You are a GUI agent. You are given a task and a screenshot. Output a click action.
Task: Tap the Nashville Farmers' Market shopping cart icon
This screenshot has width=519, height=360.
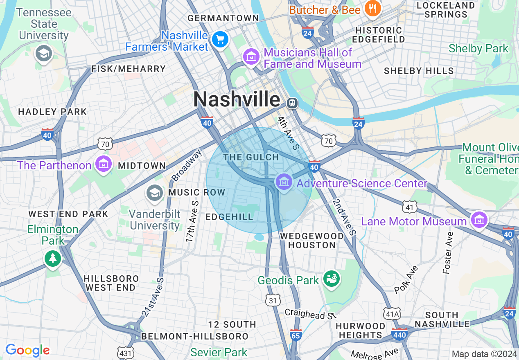(220, 40)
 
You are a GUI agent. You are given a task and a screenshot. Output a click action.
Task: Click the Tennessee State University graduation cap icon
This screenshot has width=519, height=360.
(43, 53)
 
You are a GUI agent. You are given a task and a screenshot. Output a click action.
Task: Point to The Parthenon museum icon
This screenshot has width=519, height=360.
(104, 164)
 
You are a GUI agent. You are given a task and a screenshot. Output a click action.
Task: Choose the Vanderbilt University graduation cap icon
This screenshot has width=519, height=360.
(155, 193)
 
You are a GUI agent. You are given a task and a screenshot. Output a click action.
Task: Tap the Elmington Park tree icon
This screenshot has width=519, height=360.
(53, 258)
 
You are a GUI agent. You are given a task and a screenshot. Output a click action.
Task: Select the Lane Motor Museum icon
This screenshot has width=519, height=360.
(479, 220)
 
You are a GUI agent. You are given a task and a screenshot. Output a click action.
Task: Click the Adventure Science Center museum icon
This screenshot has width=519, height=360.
(284, 181)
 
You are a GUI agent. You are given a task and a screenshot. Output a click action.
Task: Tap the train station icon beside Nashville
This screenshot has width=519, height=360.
(292, 103)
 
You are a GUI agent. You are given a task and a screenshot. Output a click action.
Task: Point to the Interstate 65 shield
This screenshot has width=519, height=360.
(296, 335)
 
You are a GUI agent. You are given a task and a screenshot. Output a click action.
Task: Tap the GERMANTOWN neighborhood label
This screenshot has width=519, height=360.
(223, 18)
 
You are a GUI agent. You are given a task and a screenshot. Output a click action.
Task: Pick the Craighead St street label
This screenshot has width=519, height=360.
(310, 313)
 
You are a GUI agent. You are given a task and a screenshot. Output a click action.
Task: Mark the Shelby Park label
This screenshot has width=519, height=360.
(478, 48)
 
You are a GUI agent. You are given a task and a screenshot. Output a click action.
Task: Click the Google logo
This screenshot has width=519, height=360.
(27, 350)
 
